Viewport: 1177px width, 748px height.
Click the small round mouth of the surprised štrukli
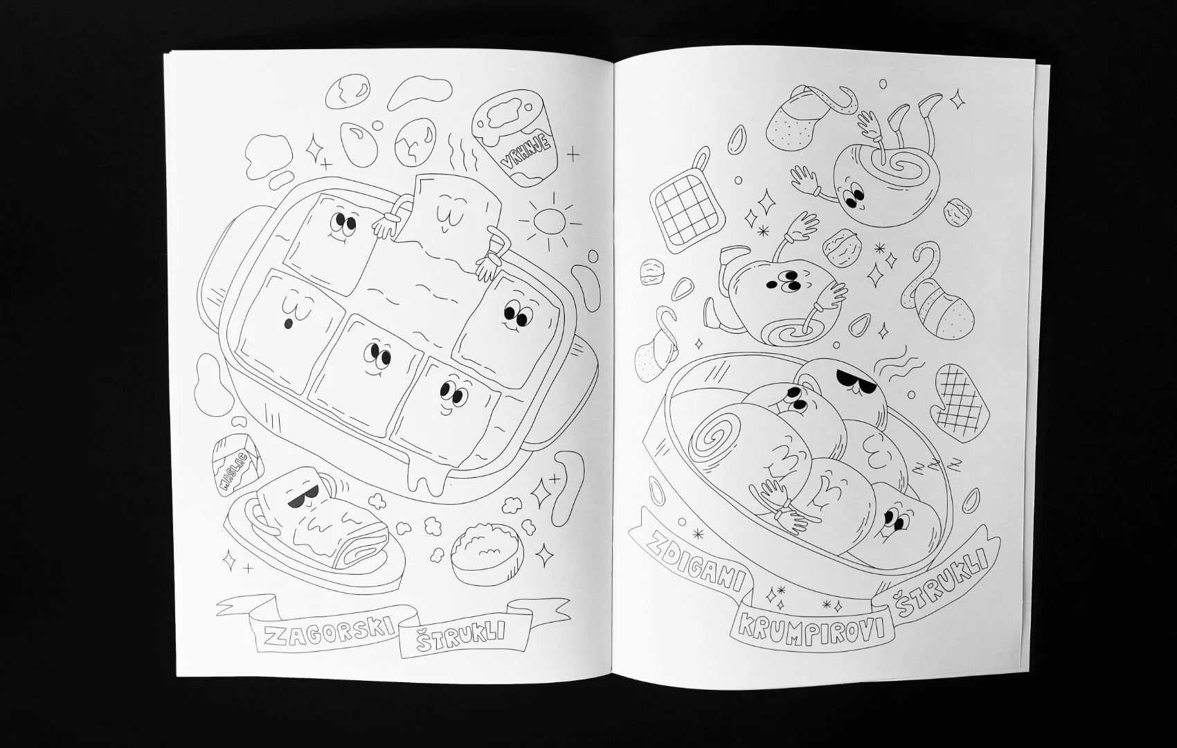pyautogui.click(x=287, y=324)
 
